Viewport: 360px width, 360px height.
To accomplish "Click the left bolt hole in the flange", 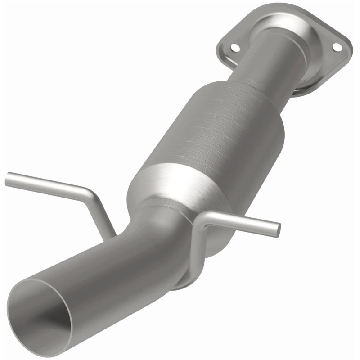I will tap(234, 47).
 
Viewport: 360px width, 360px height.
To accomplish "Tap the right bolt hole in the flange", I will tap(336, 47).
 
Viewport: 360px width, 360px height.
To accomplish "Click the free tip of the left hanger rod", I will tap(8, 180).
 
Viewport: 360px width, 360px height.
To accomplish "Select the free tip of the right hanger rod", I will tap(277, 229).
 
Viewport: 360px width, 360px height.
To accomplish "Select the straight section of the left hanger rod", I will tap(49, 184).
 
